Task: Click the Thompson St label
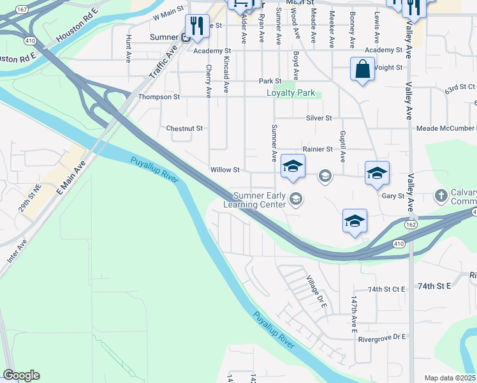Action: [x=159, y=97]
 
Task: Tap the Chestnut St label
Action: [x=184, y=128]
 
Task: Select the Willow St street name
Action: [x=225, y=170]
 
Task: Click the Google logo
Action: [x=21, y=375]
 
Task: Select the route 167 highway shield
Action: [x=22, y=10]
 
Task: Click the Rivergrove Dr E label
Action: [x=382, y=337]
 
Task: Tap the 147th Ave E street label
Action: [x=353, y=313]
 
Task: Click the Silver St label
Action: [x=319, y=118]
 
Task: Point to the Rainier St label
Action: [x=318, y=149]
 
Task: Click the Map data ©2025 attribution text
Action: [x=450, y=378]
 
